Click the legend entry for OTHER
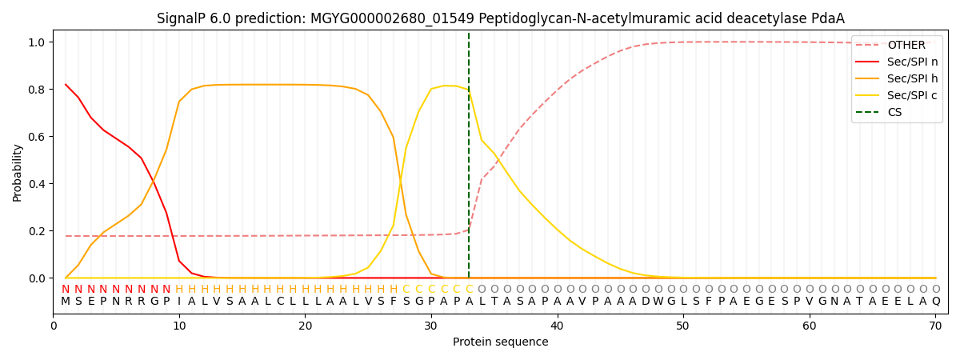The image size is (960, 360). (x=906, y=46)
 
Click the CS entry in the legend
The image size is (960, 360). (x=894, y=113)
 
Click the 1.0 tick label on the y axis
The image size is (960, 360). (x=37, y=42)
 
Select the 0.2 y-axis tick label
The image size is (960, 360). (x=37, y=231)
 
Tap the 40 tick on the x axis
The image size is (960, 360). (x=557, y=326)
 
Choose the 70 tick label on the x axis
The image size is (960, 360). (x=935, y=326)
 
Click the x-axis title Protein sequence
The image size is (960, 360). (x=500, y=342)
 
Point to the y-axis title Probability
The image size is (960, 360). (x=18, y=172)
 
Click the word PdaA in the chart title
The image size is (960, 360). (x=829, y=18)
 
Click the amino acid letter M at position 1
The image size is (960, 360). (x=66, y=302)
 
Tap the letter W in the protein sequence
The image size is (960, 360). (x=658, y=302)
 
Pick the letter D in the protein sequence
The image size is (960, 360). (x=646, y=302)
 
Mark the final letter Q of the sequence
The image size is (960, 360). (x=935, y=302)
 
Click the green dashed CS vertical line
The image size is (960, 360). (x=469, y=160)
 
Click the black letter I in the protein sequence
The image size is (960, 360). (x=179, y=302)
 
